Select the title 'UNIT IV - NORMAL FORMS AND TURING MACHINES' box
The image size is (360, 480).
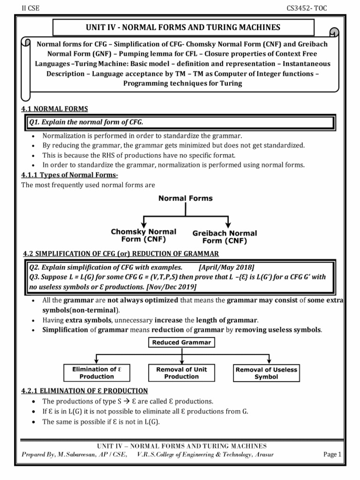point(180,27)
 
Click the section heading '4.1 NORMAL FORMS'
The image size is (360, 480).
point(55,109)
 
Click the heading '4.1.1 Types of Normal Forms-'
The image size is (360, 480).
point(69,175)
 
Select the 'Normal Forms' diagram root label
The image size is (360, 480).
point(185,198)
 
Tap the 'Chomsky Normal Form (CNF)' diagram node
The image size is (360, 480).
point(143,235)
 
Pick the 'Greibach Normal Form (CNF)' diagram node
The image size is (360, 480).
point(225,237)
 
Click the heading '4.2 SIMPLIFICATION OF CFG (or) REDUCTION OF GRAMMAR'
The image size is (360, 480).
point(121,254)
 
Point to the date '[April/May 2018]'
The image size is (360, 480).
point(226,267)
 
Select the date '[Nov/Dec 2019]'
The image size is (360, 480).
point(173,286)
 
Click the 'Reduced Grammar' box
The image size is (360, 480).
point(181,343)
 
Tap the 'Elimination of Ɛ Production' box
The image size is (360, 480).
point(97,373)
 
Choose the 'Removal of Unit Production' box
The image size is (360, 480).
point(181,373)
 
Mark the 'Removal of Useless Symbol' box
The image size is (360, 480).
point(266,373)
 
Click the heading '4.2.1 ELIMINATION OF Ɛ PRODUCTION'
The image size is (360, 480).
point(85,390)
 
